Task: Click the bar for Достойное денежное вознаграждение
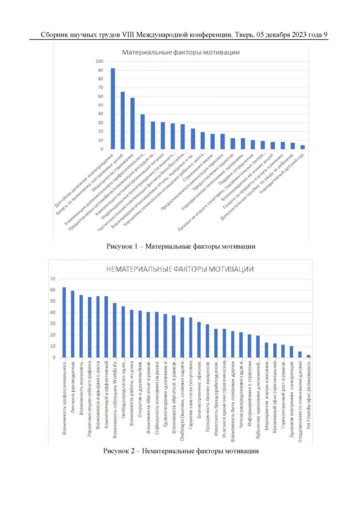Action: click(113, 109)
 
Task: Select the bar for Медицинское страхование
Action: click(133, 123)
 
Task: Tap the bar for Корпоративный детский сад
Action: click(303, 147)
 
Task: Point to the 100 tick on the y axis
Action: click(99, 61)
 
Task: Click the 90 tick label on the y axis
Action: click(100, 70)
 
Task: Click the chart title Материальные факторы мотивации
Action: click(181, 52)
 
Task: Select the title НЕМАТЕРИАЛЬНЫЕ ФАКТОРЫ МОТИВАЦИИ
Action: click(180, 269)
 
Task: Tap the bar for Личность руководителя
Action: click(73, 324)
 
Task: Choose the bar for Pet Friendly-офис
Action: click(308, 356)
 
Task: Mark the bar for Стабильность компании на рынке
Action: click(157, 335)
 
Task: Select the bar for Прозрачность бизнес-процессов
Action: click(207, 341)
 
